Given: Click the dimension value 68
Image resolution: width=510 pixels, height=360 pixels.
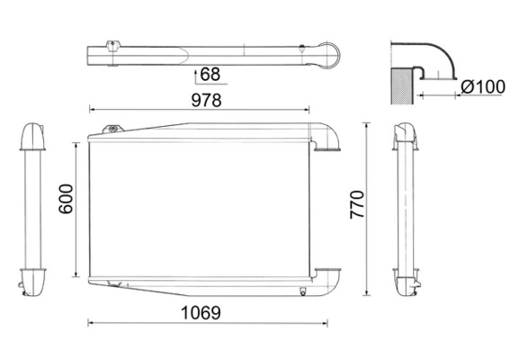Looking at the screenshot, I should click(209, 74).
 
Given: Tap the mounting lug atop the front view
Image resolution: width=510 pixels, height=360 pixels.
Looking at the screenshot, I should click(112, 130).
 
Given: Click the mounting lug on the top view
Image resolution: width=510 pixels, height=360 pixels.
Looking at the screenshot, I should click(112, 44).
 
